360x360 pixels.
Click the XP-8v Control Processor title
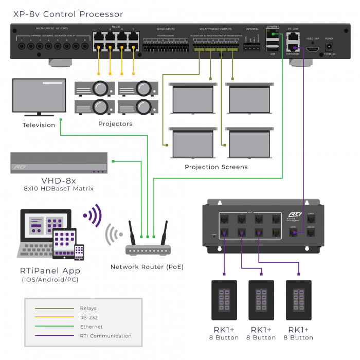pyautogui.click(x=68, y=14)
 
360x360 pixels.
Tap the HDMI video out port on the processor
pyautogui.click(x=313, y=50)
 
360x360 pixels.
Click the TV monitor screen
pyautogui.click(x=39, y=96)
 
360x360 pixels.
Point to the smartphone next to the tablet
pyautogui.click(x=79, y=252)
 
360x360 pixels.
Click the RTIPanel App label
pyautogui.click(x=50, y=271)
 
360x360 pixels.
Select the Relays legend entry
pyautogui.click(x=88, y=309)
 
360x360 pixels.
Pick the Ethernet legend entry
pyautogui.click(x=91, y=327)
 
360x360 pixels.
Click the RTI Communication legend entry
pyautogui.click(x=105, y=336)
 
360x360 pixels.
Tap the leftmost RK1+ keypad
pyautogui.click(x=224, y=300)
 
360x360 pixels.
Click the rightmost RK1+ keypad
pyautogui.click(x=298, y=300)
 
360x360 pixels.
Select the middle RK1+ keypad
pyautogui.click(x=261, y=300)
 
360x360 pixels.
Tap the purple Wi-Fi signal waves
pyautogui.click(x=93, y=215)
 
